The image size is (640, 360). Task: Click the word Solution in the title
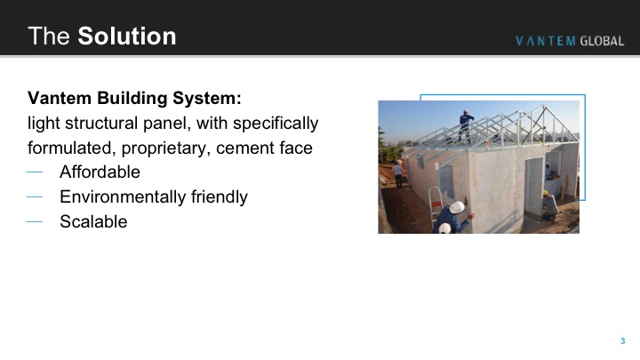127,36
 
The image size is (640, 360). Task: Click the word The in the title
49,36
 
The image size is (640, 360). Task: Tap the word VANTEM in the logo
545,41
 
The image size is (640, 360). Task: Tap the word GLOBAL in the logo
602,41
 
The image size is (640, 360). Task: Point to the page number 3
623,340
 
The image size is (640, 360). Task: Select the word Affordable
100,172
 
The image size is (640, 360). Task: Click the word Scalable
93,221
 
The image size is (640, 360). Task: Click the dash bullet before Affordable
35,172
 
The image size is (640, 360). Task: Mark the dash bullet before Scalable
35,221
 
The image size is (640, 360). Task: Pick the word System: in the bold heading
207,99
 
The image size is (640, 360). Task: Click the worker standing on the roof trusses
465,125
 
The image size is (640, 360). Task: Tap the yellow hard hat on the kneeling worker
545,193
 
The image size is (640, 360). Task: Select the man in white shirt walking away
398,175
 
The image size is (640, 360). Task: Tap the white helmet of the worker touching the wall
457,207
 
